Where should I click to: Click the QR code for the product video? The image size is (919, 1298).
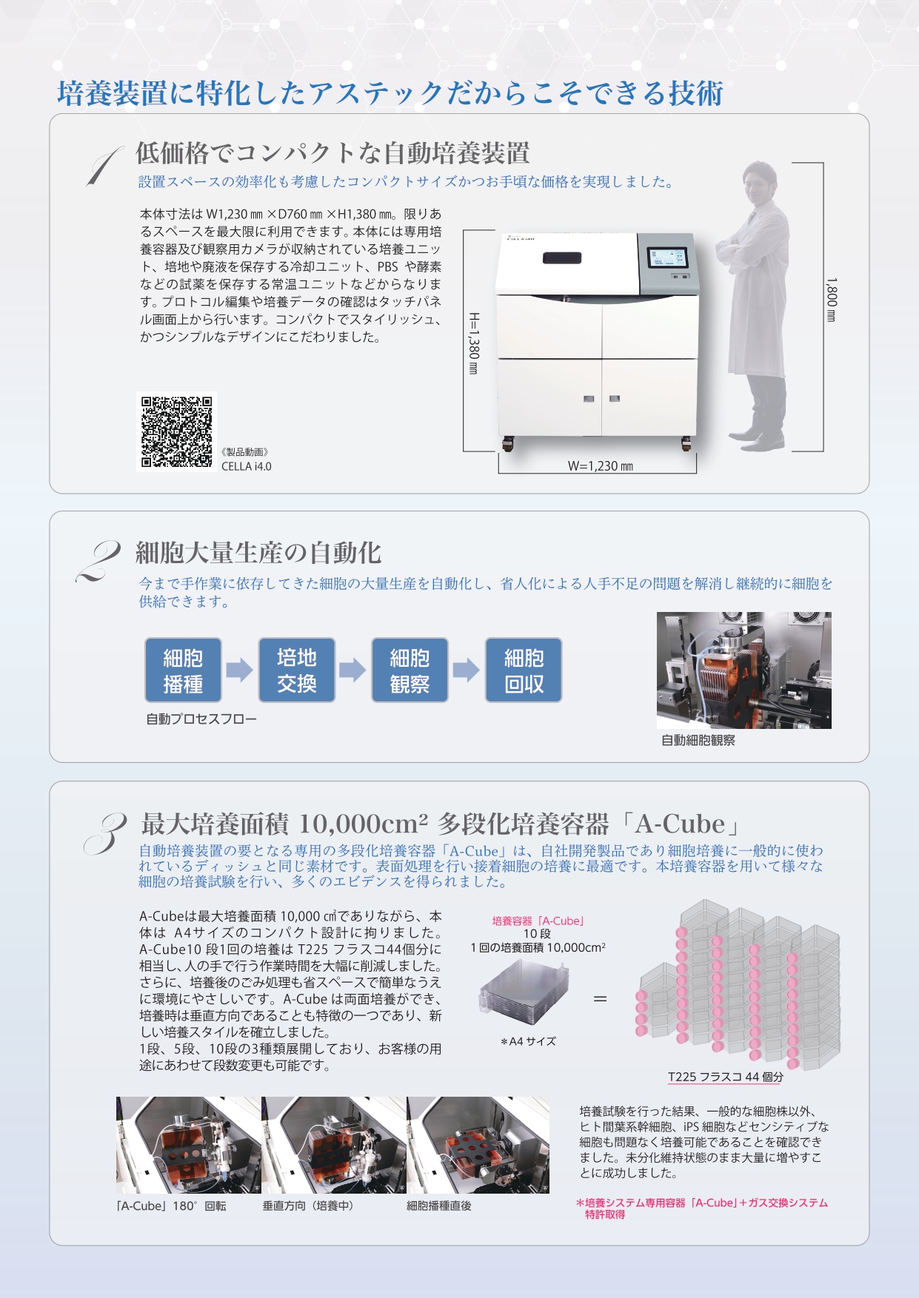(x=176, y=431)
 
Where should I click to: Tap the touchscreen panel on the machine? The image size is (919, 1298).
(x=668, y=258)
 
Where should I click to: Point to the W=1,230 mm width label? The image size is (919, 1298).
(x=601, y=466)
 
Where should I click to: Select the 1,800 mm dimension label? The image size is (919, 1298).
(x=832, y=300)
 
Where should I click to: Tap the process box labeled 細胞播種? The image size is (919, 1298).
(x=183, y=670)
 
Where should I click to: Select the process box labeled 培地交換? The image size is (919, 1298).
(x=297, y=670)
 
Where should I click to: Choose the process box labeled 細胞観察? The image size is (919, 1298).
(x=410, y=670)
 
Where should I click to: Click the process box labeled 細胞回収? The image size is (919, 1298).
(x=524, y=670)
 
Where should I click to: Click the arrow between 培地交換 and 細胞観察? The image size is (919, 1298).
(x=352, y=670)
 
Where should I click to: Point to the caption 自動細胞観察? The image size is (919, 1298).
(x=698, y=740)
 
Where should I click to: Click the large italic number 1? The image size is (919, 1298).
(x=104, y=167)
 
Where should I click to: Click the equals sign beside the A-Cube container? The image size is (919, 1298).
(x=600, y=999)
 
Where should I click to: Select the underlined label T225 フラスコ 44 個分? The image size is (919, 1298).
(x=726, y=1077)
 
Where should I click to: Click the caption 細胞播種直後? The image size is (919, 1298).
(x=439, y=1205)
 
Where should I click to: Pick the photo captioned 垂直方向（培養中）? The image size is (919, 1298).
(x=333, y=1145)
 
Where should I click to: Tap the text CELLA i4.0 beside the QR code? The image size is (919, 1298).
(x=247, y=466)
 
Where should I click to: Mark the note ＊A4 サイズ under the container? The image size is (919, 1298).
(x=528, y=1041)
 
